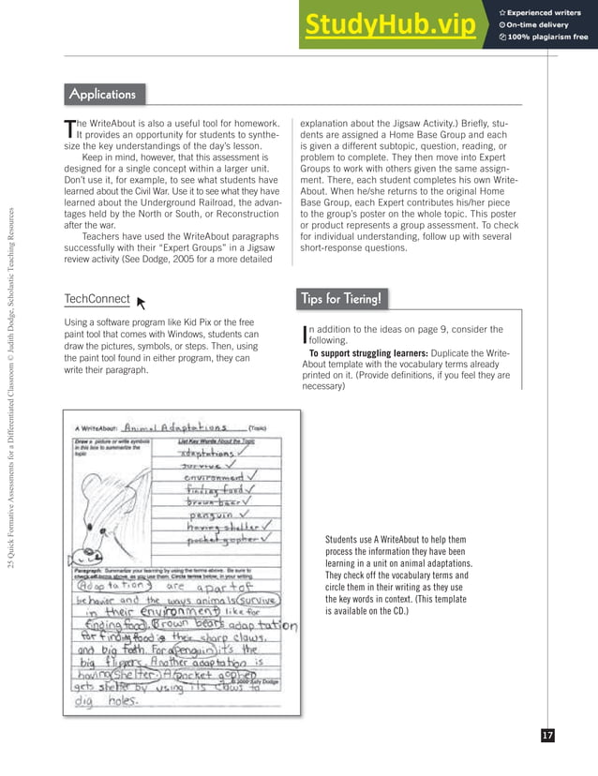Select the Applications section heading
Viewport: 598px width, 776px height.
click(x=102, y=94)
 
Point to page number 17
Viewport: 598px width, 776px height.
click(x=547, y=736)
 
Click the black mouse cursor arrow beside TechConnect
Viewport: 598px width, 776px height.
click(x=142, y=302)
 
